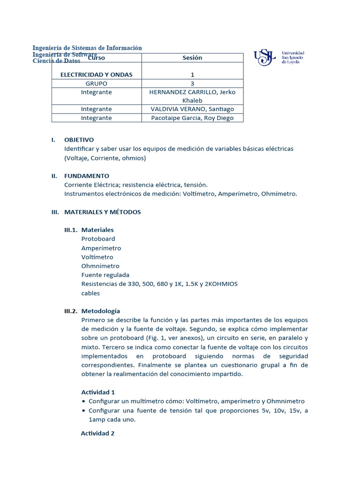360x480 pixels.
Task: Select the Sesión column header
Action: tap(192, 58)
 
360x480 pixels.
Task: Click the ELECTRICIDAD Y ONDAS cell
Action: tap(97, 75)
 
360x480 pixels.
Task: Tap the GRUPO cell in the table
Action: tap(97, 83)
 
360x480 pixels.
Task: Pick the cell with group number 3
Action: tap(192, 83)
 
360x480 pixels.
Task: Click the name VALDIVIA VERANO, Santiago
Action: tap(192, 109)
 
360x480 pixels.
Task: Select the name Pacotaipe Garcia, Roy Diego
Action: tap(192, 118)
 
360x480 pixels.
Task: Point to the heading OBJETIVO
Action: tap(79, 140)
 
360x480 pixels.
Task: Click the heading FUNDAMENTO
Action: tap(86, 176)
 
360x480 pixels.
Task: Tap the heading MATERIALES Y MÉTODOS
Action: tap(102, 212)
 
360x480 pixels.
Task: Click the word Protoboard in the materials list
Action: tap(98, 239)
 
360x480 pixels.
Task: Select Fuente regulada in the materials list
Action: tap(105, 275)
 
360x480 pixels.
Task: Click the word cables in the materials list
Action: tap(90, 293)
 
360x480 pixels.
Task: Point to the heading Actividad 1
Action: tap(98, 392)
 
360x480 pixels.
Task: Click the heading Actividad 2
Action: tap(98, 434)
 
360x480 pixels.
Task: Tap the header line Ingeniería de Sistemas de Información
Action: tap(87, 48)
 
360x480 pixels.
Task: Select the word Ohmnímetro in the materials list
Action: tap(100, 266)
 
